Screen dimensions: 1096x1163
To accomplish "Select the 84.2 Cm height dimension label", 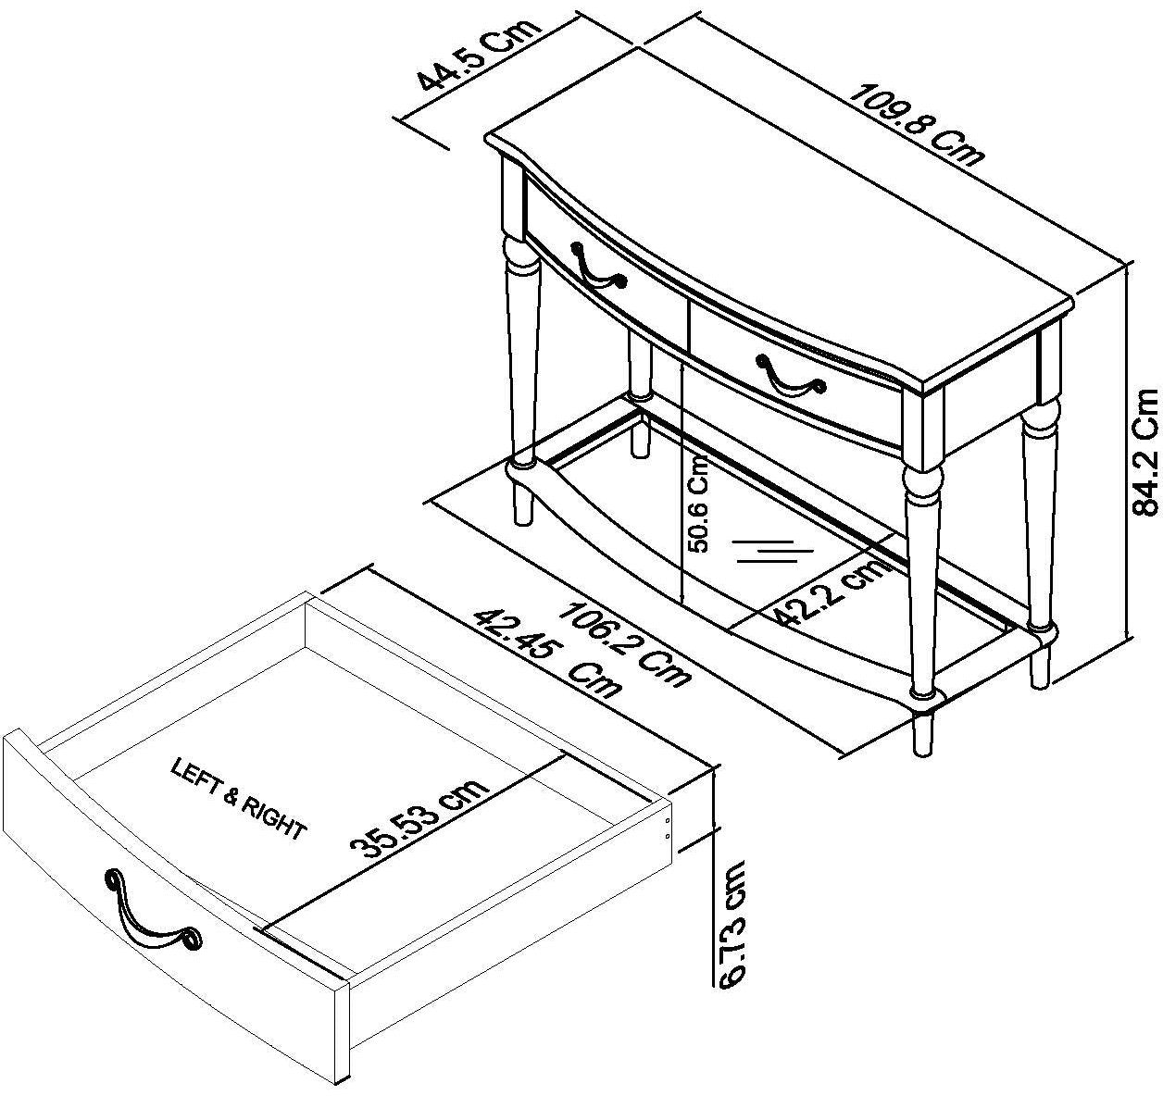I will coord(1144,465).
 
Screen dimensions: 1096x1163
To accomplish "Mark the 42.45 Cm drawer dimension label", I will coord(547,656).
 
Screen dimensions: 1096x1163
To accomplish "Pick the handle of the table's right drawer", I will coord(789,374).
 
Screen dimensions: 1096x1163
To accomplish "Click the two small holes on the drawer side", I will coord(669,827).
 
